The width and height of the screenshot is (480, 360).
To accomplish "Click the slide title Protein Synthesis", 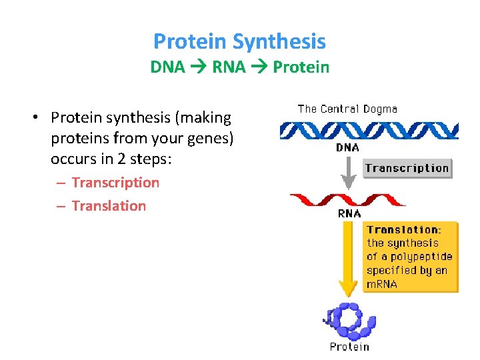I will [239, 41].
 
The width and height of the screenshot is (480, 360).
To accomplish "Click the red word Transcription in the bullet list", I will [115, 183].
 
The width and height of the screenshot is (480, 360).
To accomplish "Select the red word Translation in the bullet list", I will [109, 206].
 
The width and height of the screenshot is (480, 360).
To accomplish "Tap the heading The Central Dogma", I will [347, 109].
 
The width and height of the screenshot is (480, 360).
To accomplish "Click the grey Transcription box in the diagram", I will [407, 168].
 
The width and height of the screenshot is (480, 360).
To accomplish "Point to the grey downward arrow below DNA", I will [347, 173].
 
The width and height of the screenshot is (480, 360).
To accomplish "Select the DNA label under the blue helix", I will [347, 148].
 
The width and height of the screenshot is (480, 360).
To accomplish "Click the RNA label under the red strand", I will [349, 214].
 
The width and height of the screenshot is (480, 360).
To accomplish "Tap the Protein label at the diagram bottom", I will [349, 347].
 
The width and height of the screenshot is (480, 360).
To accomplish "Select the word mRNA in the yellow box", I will [382, 284].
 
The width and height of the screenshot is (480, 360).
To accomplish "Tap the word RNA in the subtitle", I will [227, 67].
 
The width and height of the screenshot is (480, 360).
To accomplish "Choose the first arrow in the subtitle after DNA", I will [199, 67].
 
